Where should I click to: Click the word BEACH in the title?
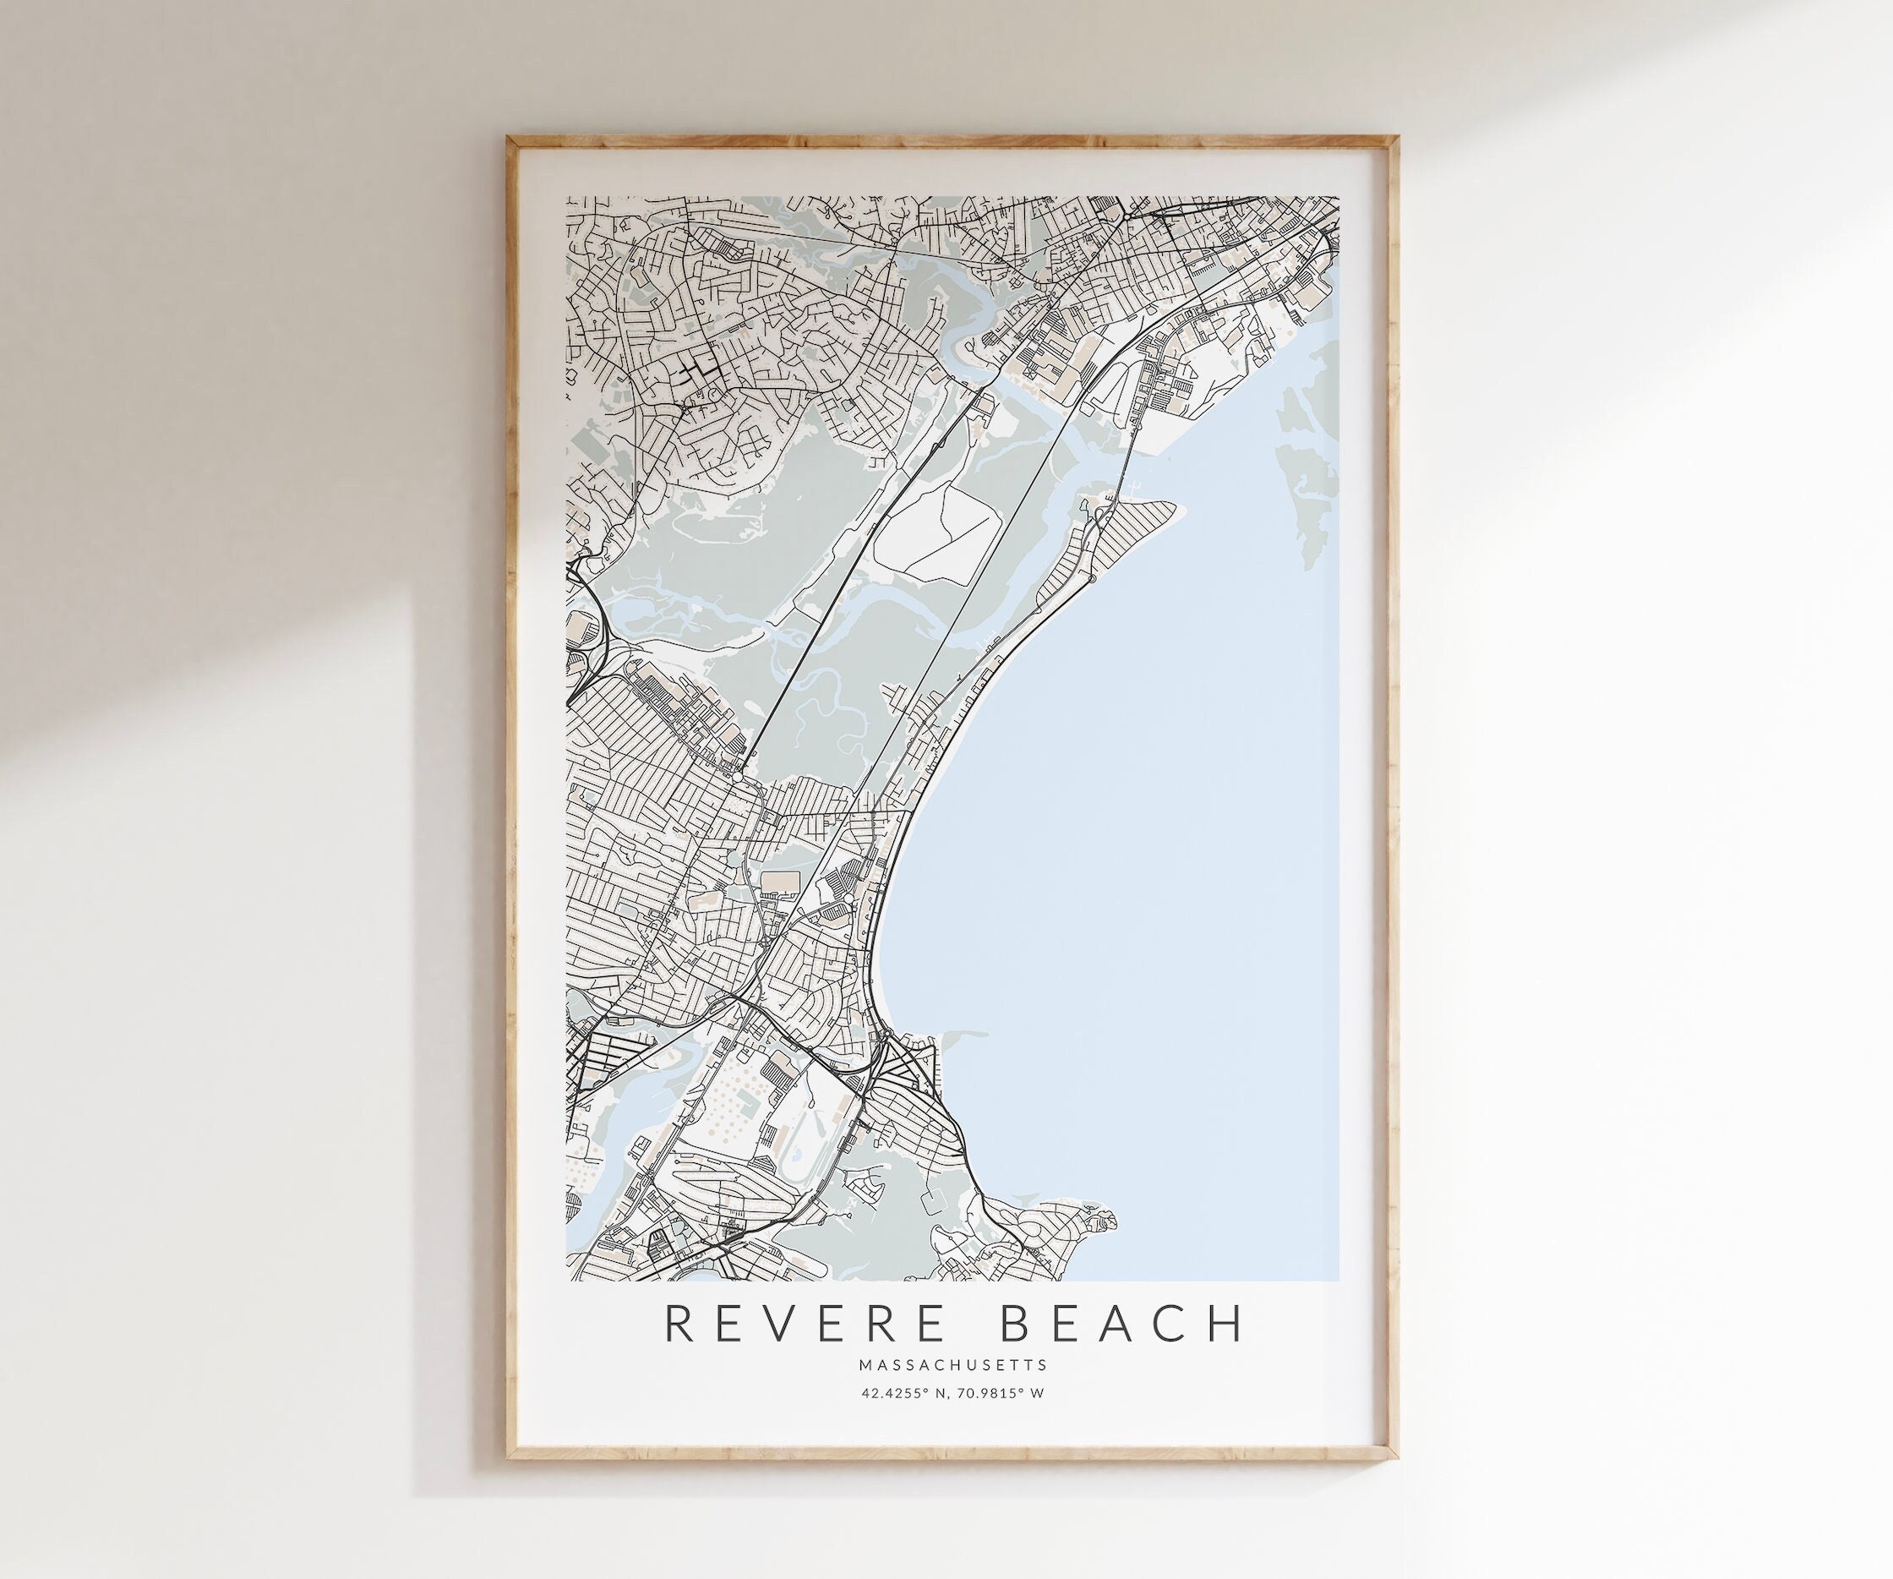coord(1123,1323)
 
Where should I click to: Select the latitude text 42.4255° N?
coord(903,1393)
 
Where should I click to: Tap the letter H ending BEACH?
coord(1228,1323)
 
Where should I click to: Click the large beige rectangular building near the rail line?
coord(781,880)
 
